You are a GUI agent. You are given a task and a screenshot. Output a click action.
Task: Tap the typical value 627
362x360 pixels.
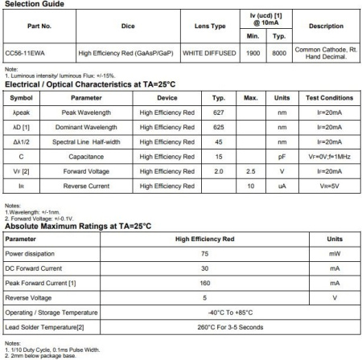pos(218,112)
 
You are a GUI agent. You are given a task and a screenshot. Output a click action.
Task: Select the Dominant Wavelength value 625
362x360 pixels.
pos(218,127)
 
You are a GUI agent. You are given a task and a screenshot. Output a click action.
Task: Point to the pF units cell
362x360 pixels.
pos(282,156)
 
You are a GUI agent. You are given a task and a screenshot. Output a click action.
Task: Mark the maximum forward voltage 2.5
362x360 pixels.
pos(250,171)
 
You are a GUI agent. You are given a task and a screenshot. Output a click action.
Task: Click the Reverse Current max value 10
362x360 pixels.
pos(250,186)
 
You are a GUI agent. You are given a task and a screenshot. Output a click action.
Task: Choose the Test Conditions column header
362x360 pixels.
pos(328,97)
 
